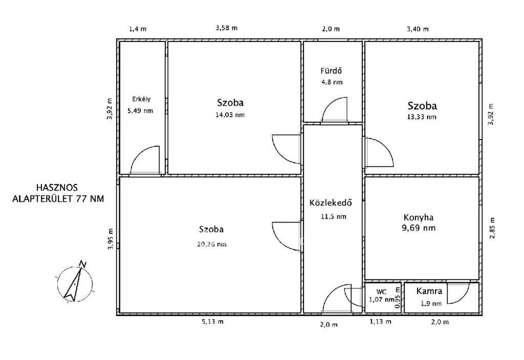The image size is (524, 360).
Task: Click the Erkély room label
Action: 141,99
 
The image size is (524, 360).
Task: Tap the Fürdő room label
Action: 331,71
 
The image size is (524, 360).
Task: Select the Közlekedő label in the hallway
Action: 331,202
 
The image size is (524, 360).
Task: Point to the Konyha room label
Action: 419,218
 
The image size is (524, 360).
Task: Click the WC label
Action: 381,291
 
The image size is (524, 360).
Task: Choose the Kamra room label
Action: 429,291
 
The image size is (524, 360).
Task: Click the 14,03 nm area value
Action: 230,115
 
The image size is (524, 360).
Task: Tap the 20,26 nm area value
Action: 212,244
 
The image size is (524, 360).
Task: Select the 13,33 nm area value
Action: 422,117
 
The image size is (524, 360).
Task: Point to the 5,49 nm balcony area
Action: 140,111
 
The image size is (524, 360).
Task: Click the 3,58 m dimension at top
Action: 227,28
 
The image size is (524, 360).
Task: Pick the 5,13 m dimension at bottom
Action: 212,322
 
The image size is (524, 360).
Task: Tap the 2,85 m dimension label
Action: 492,228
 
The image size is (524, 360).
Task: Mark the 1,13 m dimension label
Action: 380,322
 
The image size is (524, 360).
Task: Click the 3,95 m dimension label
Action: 111,239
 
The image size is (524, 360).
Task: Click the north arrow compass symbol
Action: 75,282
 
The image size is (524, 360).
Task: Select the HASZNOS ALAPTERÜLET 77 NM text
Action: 58,193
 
